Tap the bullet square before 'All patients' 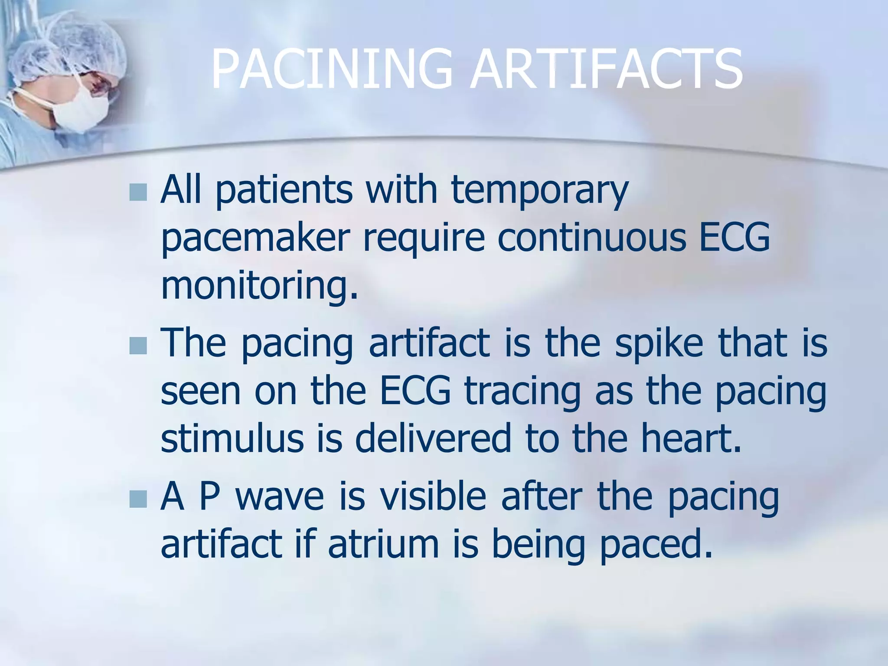point(138,192)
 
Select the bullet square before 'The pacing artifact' point(138,345)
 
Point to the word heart point(691,439)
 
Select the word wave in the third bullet point(280,497)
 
